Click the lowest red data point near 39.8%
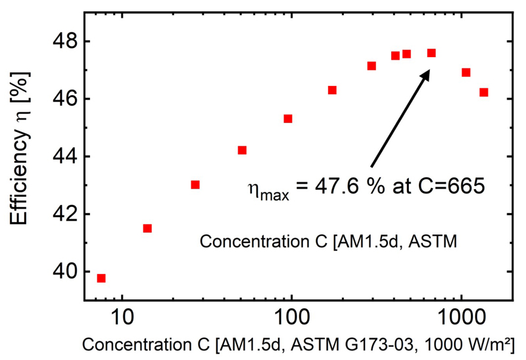pyautogui.click(x=101, y=278)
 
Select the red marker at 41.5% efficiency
pyautogui.click(x=147, y=228)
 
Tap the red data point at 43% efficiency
pyautogui.click(x=195, y=185)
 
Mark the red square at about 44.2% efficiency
pyautogui.click(x=242, y=150)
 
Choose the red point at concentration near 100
pyautogui.click(x=288, y=118)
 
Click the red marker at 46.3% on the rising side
pyautogui.click(x=332, y=90)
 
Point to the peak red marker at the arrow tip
pyautogui.click(x=431, y=53)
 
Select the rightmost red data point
pyautogui.click(x=484, y=92)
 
